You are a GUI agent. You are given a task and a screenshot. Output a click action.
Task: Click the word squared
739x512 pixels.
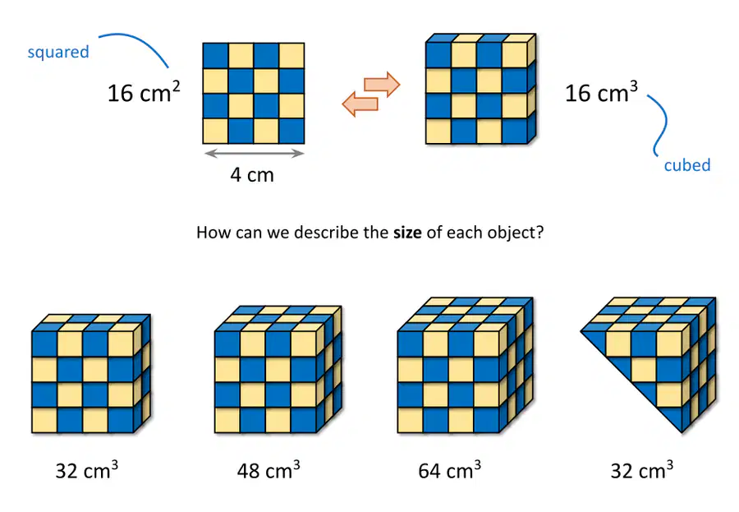pyautogui.click(x=58, y=52)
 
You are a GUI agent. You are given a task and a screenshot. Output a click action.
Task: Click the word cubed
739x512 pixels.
pyautogui.click(x=687, y=165)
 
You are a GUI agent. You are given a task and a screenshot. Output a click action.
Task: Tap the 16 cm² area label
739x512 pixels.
pyautogui.click(x=144, y=92)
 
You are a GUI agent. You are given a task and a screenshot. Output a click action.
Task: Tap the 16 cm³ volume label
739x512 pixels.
pyautogui.click(x=601, y=92)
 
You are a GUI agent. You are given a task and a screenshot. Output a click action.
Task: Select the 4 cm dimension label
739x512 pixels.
pyautogui.click(x=252, y=175)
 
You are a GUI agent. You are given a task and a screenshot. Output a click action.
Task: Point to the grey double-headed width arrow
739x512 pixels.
pyautogui.click(x=255, y=153)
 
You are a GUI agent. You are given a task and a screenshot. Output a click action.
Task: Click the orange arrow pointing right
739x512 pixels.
pyautogui.click(x=382, y=85)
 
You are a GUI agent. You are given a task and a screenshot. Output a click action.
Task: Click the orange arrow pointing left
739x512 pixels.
pyautogui.click(x=360, y=104)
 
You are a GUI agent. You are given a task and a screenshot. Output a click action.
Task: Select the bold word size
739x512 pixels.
pyautogui.click(x=407, y=233)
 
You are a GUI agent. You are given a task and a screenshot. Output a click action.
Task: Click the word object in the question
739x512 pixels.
pyautogui.click(x=517, y=233)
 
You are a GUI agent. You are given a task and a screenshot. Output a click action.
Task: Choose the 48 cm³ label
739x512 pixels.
pyautogui.click(x=269, y=470)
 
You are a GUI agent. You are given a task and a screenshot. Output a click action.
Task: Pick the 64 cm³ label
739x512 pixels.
pyautogui.click(x=450, y=470)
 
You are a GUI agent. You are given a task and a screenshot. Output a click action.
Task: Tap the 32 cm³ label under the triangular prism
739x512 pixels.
pyautogui.click(x=641, y=470)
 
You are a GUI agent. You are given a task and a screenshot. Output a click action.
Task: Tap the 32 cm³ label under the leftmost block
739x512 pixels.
pyautogui.click(x=86, y=470)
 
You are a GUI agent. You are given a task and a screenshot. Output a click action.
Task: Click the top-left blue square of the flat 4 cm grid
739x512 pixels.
pyautogui.click(x=215, y=56)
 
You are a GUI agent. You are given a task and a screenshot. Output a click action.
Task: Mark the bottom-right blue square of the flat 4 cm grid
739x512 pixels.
pyautogui.click(x=291, y=131)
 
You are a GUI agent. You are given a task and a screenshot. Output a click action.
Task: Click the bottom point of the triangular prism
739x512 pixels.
pyautogui.click(x=682, y=432)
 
